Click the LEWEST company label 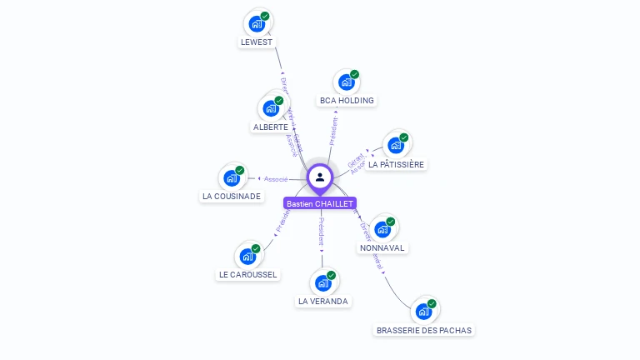pyautogui.click(x=257, y=42)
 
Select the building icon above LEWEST pyautogui.click(x=257, y=23)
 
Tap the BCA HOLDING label pyautogui.click(x=347, y=101)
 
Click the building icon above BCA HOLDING pyautogui.click(x=346, y=82)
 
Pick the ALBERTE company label pyautogui.click(x=270, y=127)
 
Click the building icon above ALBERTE pyautogui.click(x=270, y=108)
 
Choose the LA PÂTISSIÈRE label pyautogui.click(x=397, y=165)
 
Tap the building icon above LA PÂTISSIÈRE pyautogui.click(x=396, y=145)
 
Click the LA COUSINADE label pyautogui.click(x=231, y=197)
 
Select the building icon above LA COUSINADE pyautogui.click(x=232, y=177)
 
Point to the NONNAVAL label pyautogui.click(x=382, y=248)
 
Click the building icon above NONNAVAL pyautogui.click(x=382, y=229)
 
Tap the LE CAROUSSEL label pyautogui.click(x=248, y=274)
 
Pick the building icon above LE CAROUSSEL pyautogui.click(x=247, y=256)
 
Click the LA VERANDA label pyautogui.click(x=323, y=301)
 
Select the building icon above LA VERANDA pyautogui.click(x=323, y=282)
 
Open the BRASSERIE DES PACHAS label pyautogui.click(x=424, y=330)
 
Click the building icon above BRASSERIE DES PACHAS pyautogui.click(x=424, y=312)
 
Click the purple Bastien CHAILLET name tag pyautogui.click(x=320, y=203)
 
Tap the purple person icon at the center pyautogui.click(x=320, y=177)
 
